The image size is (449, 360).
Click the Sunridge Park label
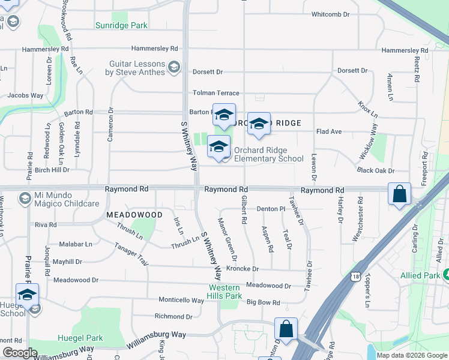(122, 25)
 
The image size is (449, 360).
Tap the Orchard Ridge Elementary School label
(268, 155)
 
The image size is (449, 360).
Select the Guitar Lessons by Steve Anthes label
(135, 68)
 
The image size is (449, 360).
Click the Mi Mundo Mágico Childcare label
(66, 200)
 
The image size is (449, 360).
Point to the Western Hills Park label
(224, 292)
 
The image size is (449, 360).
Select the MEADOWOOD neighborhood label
(134, 214)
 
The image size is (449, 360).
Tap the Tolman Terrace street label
(215, 93)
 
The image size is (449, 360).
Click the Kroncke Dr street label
(243, 269)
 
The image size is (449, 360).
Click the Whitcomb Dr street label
(334, 14)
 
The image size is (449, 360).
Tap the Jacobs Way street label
(25, 95)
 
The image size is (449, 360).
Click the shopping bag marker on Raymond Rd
(399, 194)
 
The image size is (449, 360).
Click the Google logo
(20, 353)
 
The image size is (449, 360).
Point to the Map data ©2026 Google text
(412, 355)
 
